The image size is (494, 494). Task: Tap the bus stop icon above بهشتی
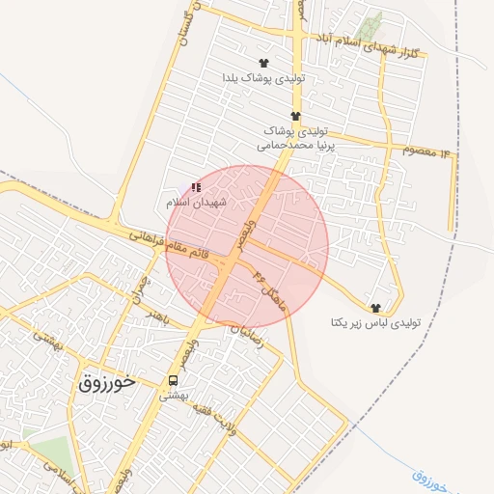coord(174,380)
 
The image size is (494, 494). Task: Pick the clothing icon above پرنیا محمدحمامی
coord(282,115)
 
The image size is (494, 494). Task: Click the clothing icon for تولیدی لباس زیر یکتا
coord(374,307)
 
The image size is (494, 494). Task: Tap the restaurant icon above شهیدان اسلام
coord(196,187)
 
